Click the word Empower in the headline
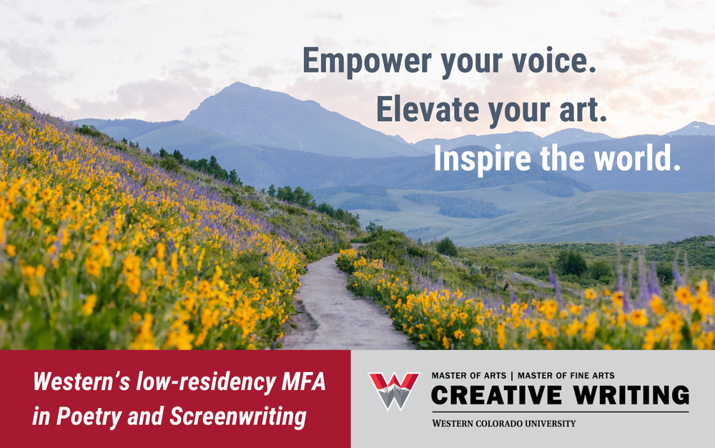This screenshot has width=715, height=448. point(367,62)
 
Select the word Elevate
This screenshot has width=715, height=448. point(428,109)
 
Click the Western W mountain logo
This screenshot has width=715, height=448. point(394,391)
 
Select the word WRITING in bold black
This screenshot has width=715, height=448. point(631,395)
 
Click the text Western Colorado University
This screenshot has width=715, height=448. point(504,424)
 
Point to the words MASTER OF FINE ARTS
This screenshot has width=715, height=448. point(566,376)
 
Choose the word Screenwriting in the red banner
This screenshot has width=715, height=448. point(238,417)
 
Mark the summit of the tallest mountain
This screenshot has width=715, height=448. point(237,83)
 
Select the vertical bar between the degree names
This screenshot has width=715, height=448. point(512,376)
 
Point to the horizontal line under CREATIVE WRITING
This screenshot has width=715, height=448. point(560,412)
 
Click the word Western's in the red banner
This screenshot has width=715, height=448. point(82,381)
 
